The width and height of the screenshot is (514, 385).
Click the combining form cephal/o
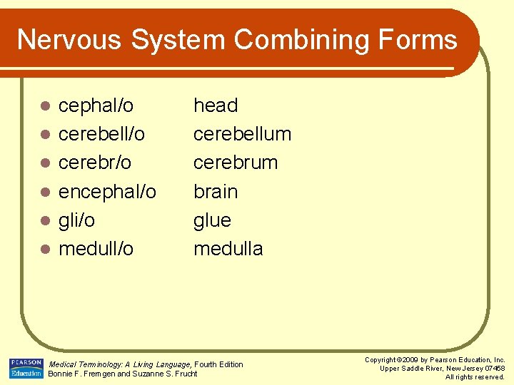pos(96,106)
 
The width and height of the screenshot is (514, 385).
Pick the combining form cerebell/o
pos(101,134)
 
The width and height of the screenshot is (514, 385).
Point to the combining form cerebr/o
pos(95,163)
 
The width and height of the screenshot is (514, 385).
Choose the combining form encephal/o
pos(107,192)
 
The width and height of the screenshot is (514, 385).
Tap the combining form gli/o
pos(76,220)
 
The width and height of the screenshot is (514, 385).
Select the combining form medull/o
pos(96,249)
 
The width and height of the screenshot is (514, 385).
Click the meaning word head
pos(216,106)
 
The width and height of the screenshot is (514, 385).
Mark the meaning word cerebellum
pos(242,134)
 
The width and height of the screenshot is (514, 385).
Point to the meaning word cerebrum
pos(236,163)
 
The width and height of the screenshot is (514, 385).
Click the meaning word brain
pos(216,192)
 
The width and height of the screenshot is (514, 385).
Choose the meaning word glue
pos(212,220)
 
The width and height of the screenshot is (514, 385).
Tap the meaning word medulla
pos(228,249)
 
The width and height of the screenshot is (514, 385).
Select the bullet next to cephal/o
pos(44,106)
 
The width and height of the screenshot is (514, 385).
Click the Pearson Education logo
pos(26,368)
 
